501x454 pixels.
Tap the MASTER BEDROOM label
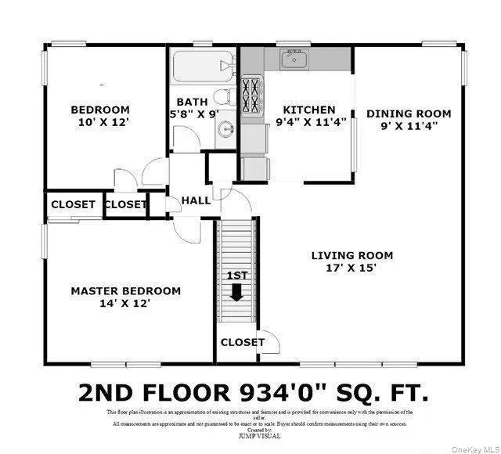coord(125,290)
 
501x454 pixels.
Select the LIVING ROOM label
coord(351,255)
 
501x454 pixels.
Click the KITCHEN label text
coord(309,110)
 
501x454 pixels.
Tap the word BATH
coord(192,102)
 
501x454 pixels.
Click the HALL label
coord(196,200)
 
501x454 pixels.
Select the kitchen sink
coord(295,59)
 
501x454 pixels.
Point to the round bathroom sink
coord(225,130)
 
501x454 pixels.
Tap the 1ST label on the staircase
coord(236,276)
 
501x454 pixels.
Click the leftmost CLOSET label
coord(73,204)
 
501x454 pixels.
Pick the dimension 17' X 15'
coord(351,268)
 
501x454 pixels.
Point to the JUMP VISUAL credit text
coord(259,435)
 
